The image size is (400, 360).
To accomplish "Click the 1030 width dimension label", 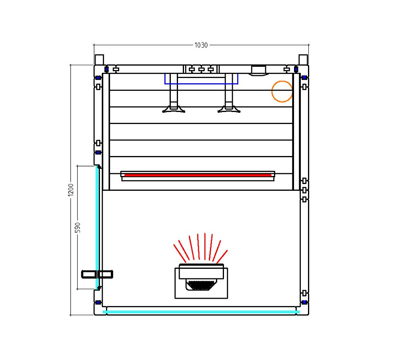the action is [201, 45].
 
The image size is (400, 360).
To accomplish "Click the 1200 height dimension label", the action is [71, 190].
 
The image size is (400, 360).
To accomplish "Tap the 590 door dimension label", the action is [78, 228].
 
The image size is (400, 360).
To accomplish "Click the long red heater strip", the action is [198, 175].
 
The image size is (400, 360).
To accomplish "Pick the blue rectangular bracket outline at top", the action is [201, 84].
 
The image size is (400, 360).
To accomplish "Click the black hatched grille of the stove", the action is [201, 285].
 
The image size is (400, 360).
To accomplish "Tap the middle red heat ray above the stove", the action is [205, 246].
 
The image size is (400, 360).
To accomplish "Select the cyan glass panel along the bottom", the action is [201, 312].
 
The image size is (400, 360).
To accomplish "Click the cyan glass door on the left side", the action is [97, 227].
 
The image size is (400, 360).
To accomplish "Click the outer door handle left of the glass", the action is [88, 274].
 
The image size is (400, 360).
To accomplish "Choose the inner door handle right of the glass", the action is [105, 274].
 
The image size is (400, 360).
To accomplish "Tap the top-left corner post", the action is [99, 60].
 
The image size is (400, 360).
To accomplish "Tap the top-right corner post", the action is [303, 60].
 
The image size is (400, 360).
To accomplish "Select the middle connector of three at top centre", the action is [201, 69].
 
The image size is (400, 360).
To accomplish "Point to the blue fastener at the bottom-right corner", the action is [304, 302].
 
